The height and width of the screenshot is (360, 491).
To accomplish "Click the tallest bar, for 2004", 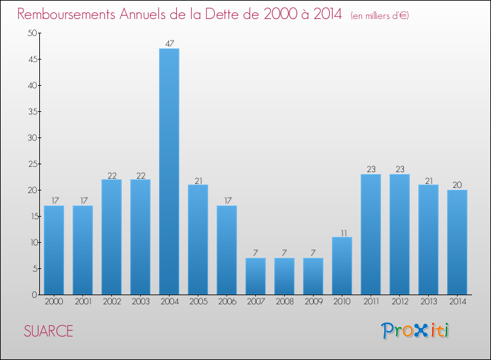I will (x=169, y=171).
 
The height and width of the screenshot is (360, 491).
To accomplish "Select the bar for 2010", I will (x=342, y=266).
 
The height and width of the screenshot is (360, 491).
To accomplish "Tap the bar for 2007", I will (x=255, y=276).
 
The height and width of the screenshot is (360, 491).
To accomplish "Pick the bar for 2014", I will (x=457, y=242).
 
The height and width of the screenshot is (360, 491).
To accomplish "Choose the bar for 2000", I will (x=54, y=250).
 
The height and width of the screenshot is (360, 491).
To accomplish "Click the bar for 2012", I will (x=399, y=234).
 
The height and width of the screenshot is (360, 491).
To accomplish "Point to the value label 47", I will (x=169, y=44).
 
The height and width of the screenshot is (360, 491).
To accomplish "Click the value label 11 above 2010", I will (x=342, y=232).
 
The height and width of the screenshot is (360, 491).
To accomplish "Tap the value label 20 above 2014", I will (x=457, y=185).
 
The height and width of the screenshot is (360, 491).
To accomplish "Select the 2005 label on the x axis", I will (x=198, y=302).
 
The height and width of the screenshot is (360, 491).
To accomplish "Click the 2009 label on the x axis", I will (x=313, y=302).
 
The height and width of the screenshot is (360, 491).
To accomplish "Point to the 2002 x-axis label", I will (x=111, y=302).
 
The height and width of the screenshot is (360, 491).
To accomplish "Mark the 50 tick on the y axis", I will (x=31, y=33).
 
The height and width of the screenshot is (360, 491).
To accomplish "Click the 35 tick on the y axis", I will (x=31, y=111).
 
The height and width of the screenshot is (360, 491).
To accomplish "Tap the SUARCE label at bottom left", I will (x=48, y=331).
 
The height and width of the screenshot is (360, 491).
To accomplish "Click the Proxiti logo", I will (x=416, y=331).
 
